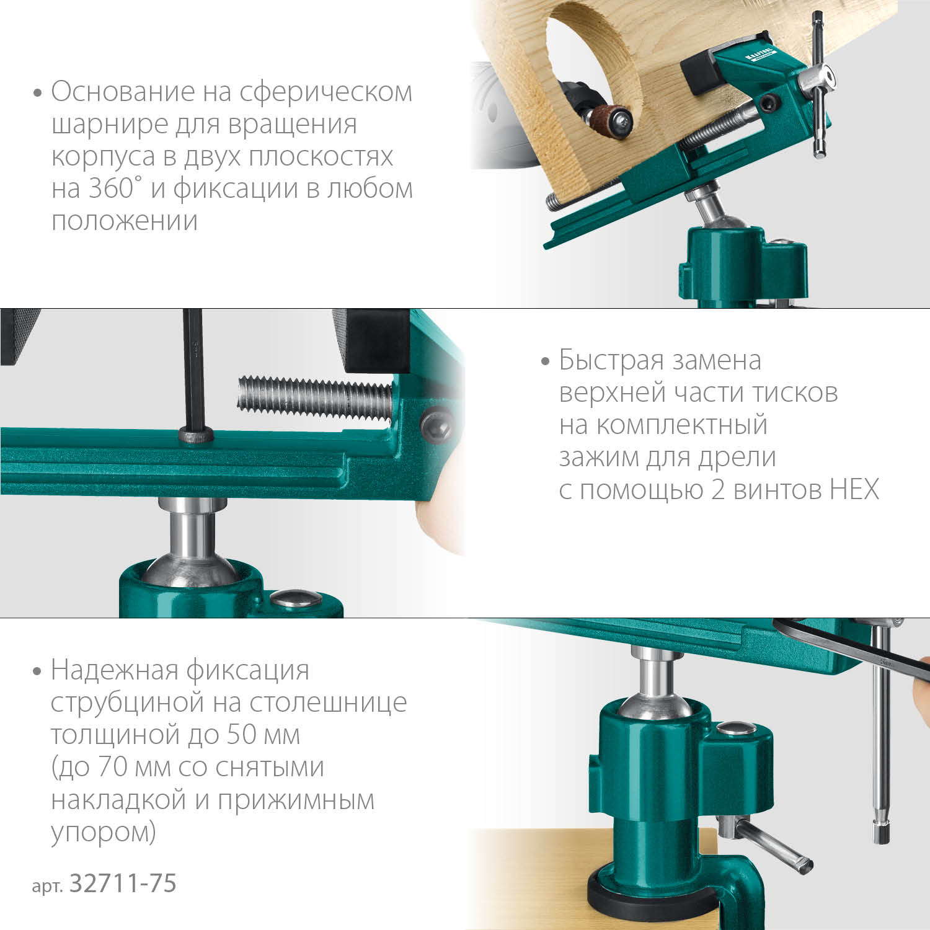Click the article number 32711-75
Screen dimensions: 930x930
123,883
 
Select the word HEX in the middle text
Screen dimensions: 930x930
854,490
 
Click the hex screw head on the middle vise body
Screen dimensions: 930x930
436,425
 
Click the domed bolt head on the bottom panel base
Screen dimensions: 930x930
735,728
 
